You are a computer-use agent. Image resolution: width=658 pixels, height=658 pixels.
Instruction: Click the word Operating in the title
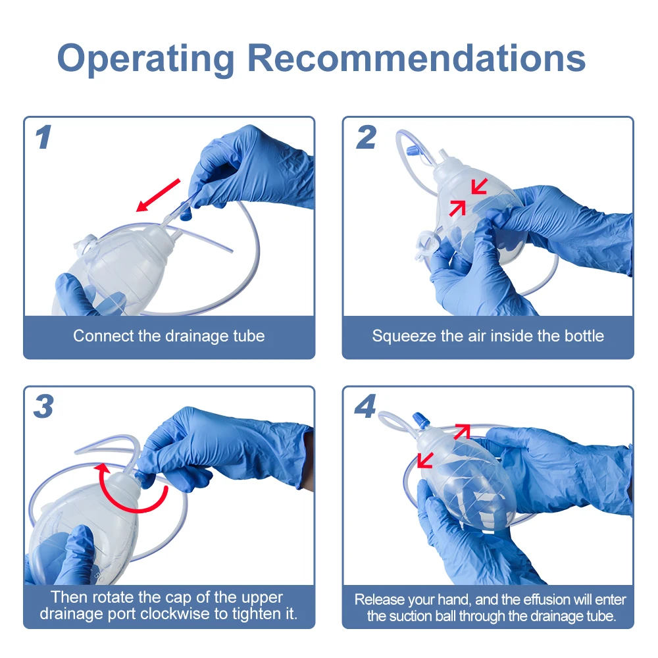pyautogui.click(x=145, y=60)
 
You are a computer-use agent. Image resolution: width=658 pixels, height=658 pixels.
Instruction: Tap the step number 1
pyautogui.click(x=43, y=138)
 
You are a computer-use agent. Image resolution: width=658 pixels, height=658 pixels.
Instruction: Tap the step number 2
pyautogui.click(x=366, y=138)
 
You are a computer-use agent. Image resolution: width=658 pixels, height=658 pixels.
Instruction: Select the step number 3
pyautogui.click(x=43, y=406)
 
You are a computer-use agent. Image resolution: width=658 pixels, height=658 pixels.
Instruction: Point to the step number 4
pyautogui.click(x=365, y=406)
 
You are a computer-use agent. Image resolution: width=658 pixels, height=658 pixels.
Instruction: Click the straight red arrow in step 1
pyautogui.click(x=158, y=195)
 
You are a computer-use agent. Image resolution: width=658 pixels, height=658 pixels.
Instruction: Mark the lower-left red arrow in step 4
pyautogui.click(x=425, y=461)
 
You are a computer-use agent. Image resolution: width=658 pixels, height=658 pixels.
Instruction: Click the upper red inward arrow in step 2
pyautogui.click(x=479, y=186)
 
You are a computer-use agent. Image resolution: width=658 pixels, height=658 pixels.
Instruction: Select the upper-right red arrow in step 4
pyautogui.click(x=462, y=432)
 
